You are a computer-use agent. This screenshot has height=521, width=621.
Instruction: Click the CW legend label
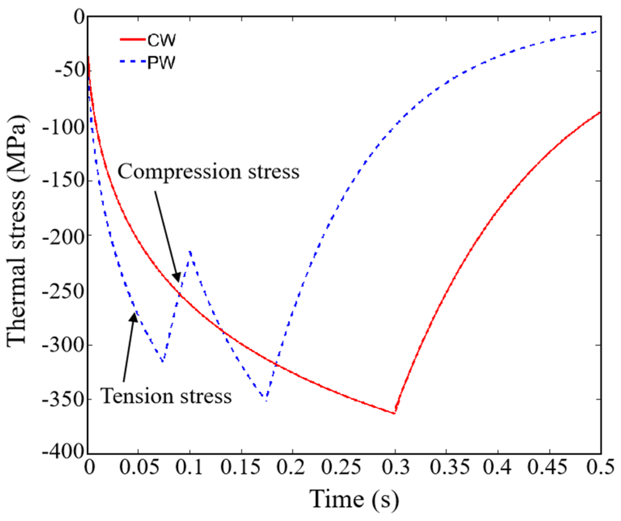pos(161,40)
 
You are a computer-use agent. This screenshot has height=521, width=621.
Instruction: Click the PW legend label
pos(161,62)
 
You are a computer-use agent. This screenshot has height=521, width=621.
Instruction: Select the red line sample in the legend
pos(133,40)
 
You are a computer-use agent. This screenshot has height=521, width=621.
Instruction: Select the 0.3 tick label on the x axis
pos(396,467)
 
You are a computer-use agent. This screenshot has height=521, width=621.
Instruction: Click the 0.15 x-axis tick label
pos(241,467)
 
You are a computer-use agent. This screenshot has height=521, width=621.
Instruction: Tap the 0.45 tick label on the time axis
pos(550,467)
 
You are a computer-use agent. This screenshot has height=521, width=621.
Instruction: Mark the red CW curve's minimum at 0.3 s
pos(395,413)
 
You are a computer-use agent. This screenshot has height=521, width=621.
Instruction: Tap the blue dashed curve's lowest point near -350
pos(266,400)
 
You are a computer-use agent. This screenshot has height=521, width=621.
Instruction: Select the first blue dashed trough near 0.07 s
pos(162,361)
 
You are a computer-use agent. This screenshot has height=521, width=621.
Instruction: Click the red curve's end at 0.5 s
pos(600,112)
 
